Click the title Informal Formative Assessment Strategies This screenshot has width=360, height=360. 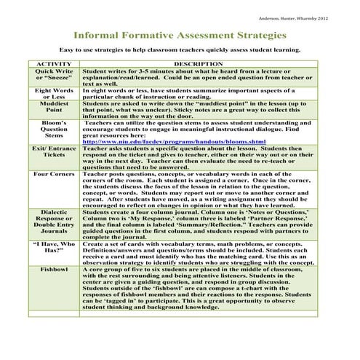coord(180,34)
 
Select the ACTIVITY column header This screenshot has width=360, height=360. coord(54,65)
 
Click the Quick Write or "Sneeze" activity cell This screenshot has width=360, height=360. coord(54,76)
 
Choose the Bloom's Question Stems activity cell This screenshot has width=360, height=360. coord(54,132)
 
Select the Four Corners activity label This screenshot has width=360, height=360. coord(54,175)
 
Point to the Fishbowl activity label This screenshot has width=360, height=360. coord(54,270)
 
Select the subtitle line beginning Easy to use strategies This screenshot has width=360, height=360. coord(180,52)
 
